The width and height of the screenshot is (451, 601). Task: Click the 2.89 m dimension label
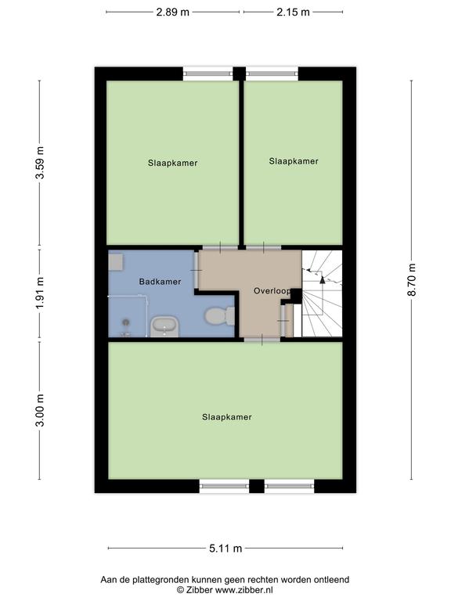pos(172,13)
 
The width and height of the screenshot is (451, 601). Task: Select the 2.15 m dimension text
pos(293,13)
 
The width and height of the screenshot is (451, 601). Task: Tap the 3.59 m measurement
pos(40,163)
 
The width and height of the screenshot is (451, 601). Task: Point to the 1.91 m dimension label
pos(40,293)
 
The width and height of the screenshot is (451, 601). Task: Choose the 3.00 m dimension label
pos(40,410)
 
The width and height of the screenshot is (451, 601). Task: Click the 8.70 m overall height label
pos(412,280)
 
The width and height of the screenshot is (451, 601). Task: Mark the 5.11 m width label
pos(225,549)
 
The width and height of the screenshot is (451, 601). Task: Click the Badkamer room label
pos(160,282)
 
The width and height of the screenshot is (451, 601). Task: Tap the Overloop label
pos(272,291)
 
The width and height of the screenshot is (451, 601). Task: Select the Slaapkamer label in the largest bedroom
pos(226,417)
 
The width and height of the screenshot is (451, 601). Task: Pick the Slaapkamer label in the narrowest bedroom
pos(294,161)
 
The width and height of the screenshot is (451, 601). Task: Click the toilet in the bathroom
pos(220,316)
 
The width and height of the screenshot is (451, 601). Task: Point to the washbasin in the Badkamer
pos(164,327)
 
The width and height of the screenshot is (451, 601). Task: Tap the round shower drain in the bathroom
pos(126,322)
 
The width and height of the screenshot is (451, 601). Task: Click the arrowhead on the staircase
pos(322,279)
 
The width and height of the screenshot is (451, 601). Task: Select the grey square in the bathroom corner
pos(116,261)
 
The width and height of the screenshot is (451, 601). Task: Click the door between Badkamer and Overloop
pos(197,270)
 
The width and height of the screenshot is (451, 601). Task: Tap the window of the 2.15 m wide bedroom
pos(272,74)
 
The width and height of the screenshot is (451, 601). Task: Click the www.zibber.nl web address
pos(244,590)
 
